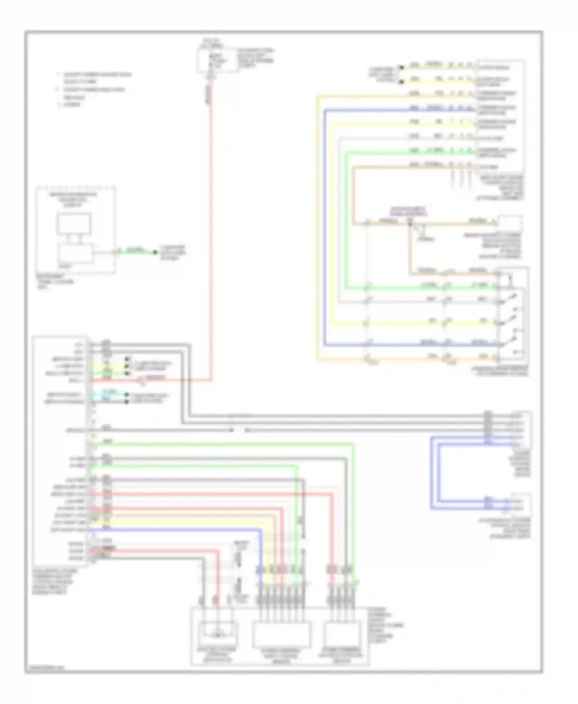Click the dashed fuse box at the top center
pos(217,60)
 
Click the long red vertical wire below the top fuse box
pos(211,231)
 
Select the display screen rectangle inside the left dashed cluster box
pos(74,224)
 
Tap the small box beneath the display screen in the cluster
pos(76,253)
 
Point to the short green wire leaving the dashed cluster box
pos(135,252)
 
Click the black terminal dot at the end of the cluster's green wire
pos(155,252)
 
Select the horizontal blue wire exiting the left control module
pos(173,530)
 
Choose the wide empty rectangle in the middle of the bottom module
pos(281,634)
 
